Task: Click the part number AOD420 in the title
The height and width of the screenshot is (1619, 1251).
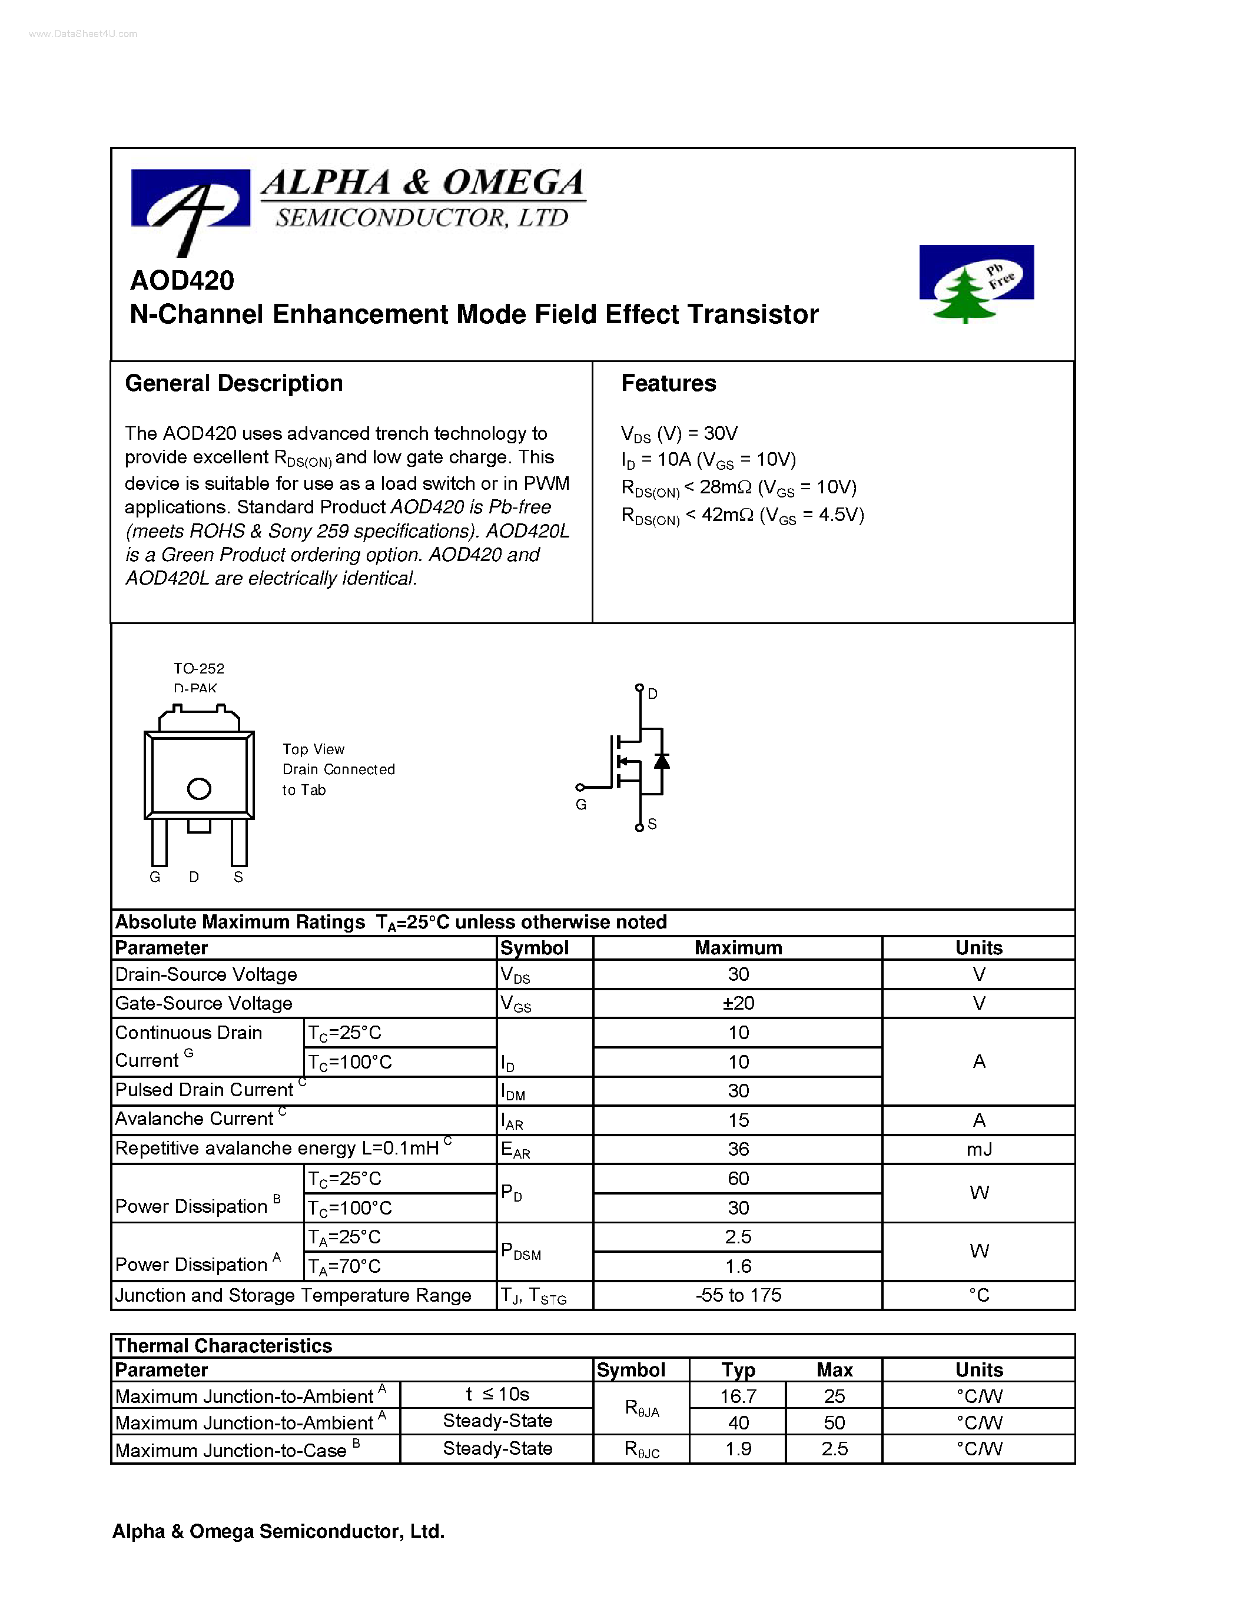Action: tap(181, 280)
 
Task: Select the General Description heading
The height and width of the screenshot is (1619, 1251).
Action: tap(234, 383)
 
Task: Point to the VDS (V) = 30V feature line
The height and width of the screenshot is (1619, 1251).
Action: tap(679, 434)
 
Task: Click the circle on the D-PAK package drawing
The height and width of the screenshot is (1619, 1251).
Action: tap(198, 789)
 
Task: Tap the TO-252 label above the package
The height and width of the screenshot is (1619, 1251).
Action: tap(198, 669)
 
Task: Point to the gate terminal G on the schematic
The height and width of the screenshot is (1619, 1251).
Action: tap(581, 804)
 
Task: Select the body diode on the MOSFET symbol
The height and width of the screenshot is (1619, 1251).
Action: tap(661, 761)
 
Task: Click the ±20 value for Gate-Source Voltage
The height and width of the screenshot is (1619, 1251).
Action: tap(738, 1004)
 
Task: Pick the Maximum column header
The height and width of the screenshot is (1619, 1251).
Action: tap(738, 948)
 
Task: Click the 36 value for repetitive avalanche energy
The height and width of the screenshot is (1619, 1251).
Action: tap(738, 1149)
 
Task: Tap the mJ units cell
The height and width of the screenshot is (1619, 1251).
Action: tap(978, 1149)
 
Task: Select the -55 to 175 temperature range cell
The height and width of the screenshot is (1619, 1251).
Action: tap(738, 1295)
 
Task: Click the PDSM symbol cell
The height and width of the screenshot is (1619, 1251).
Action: tap(520, 1251)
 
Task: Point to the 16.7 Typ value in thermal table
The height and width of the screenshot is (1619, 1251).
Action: tap(738, 1396)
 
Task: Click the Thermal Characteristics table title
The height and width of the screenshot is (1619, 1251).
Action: tap(223, 1345)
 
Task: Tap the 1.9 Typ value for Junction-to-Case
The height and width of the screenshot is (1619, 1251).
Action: tap(738, 1448)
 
